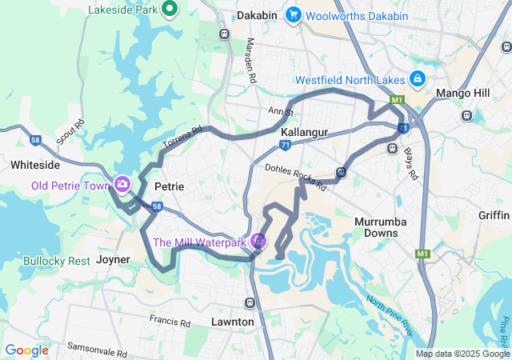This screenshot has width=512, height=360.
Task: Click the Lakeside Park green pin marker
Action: tap(170, 9)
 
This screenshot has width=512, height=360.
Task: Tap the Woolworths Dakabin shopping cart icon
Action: tap(293, 15)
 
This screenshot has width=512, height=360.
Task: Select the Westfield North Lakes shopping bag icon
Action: tap(417, 79)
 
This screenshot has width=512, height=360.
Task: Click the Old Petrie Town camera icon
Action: tap(122, 185)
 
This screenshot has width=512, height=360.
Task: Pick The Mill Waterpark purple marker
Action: tap(258, 241)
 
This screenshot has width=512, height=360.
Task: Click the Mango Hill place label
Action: tap(462, 94)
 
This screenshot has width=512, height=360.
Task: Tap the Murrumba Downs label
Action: tap(381, 226)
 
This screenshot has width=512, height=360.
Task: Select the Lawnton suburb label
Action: tap(233, 322)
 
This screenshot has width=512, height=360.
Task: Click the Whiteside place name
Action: tap(34, 164)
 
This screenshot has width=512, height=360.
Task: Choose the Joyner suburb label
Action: tap(113, 260)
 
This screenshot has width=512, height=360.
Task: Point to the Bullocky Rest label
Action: tap(57, 262)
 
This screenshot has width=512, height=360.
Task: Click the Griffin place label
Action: tap(493, 215)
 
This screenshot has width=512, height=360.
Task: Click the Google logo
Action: tap(26, 350)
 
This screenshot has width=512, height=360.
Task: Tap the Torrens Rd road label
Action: tap(182, 137)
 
